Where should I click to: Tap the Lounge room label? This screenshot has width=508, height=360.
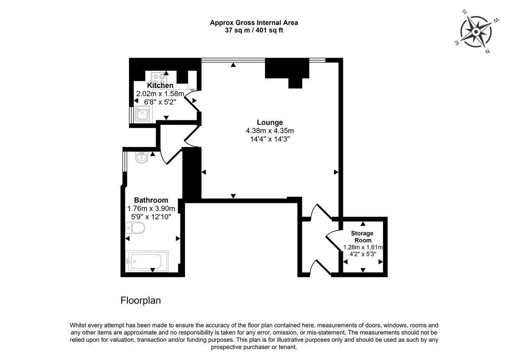(270, 123)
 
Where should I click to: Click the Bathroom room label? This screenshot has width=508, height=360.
(151, 200)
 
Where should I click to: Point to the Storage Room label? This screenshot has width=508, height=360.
(362, 237)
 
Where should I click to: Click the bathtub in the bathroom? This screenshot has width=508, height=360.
(147, 259)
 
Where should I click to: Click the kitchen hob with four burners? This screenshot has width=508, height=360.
(160, 78)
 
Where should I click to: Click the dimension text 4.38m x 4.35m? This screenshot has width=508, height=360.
(270, 131)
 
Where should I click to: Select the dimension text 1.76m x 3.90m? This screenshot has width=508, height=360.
(151, 208)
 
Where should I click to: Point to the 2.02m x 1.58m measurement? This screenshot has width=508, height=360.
(160, 94)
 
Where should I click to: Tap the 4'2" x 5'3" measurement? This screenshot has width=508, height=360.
(362, 254)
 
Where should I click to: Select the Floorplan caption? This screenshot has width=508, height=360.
(141, 301)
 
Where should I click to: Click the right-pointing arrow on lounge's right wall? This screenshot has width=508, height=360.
(336, 172)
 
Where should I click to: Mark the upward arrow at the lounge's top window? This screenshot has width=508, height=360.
(233, 65)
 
